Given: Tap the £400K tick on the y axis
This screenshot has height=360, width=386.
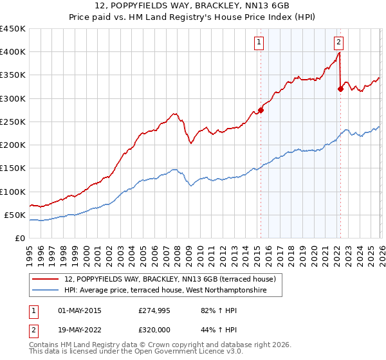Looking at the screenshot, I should (12, 52).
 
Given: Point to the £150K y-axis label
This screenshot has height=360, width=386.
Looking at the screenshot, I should (12, 168).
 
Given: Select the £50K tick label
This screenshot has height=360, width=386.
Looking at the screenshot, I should (15, 215).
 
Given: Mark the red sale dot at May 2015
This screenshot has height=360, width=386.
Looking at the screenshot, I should (261, 110).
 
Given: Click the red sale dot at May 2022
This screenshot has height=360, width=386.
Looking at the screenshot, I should (340, 89).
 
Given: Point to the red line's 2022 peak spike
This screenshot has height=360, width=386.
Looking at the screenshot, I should (339, 53).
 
